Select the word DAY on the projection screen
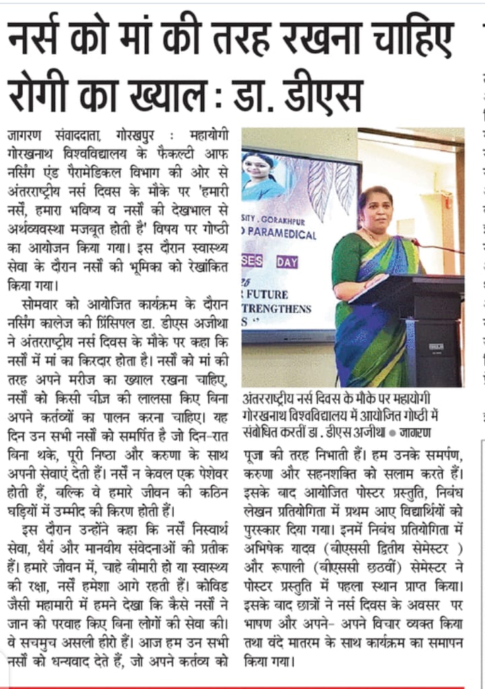tap(287, 262)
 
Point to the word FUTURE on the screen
tap(268, 294)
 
